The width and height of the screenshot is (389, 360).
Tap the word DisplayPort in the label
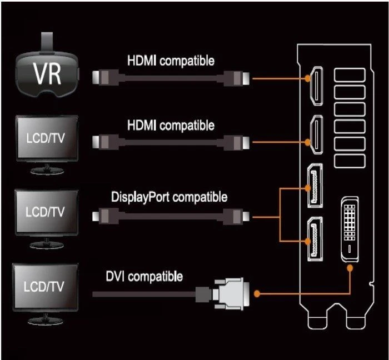click(x=141, y=197)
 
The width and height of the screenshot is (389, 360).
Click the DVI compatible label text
click(x=144, y=277)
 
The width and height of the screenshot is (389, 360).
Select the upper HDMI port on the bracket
click(x=316, y=86)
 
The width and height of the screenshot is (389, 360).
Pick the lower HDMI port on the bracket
click(x=316, y=134)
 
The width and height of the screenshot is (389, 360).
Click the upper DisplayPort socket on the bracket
click(x=315, y=186)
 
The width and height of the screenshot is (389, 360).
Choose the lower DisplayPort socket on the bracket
click(x=315, y=239)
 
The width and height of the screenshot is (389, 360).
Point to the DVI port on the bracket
click(x=350, y=229)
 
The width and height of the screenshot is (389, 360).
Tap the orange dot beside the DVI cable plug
click(x=257, y=294)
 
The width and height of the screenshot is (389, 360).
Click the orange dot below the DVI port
click(x=350, y=268)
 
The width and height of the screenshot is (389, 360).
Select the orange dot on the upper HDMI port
click(x=308, y=78)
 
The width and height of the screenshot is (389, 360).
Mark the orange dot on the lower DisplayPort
click(x=308, y=241)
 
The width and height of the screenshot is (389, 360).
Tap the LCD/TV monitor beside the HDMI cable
click(x=47, y=145)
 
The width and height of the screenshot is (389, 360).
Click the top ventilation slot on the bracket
click(x=350, y=75)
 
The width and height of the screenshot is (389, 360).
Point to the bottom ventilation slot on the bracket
click(x=350, y=161)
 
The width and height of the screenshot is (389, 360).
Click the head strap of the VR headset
click(x=47, y=43)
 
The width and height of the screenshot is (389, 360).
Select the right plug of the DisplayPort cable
click(x=236, y=216)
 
